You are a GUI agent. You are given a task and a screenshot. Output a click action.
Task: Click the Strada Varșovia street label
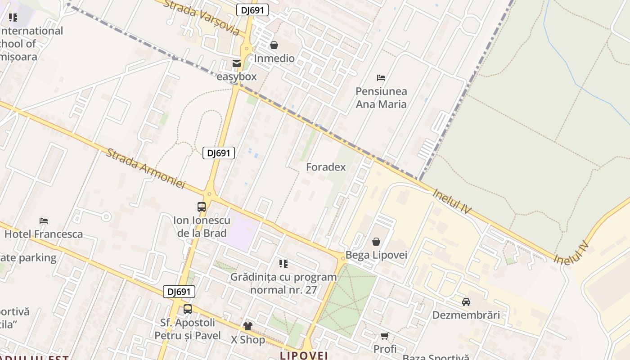201,18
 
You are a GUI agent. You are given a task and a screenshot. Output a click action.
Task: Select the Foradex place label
326,167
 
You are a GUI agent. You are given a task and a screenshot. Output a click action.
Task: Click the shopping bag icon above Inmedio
274,45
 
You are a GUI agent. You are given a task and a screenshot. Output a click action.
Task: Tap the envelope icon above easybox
237,63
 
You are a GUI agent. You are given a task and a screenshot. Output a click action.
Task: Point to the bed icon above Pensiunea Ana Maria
381,78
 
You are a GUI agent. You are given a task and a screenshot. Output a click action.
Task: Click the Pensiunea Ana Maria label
381,98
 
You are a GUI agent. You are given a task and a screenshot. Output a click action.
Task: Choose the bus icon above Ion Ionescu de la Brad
202,207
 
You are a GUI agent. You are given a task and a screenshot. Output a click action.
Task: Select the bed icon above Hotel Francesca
44,221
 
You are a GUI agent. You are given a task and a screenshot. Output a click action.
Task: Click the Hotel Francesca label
44,234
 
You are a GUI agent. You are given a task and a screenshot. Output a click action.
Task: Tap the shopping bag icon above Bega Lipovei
376,242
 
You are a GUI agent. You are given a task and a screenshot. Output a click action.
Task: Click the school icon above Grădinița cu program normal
283,264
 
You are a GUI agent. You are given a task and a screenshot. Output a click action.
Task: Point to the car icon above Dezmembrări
466,302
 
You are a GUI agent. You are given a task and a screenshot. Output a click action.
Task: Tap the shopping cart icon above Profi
385,336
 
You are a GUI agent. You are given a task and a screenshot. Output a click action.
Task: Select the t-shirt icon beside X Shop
247,326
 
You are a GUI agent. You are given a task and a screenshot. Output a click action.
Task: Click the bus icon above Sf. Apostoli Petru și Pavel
188,309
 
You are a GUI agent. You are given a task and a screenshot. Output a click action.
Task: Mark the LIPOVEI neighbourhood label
304,355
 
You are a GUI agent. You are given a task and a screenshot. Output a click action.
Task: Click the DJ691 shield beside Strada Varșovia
252,10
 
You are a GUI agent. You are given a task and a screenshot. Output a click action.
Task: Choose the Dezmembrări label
466,315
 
